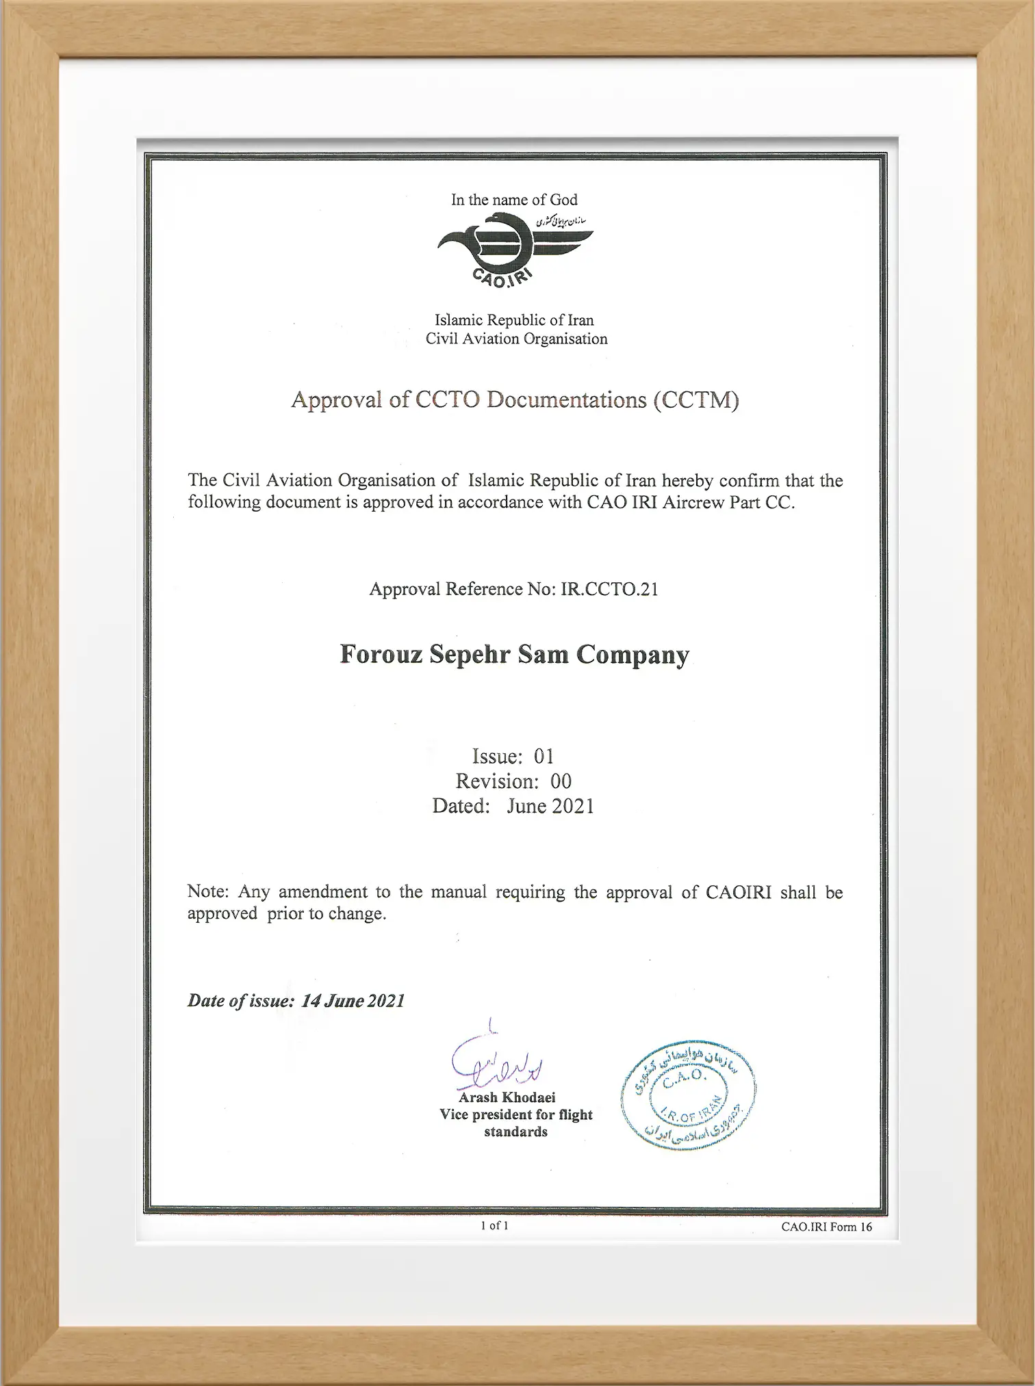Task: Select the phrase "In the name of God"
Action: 514,200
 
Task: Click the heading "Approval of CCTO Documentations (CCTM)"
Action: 515,400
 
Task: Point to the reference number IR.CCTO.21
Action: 609,589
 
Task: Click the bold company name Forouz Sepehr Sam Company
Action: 515,655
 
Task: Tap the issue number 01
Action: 544,756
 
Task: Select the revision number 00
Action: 561,781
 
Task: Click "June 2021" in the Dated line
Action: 550,806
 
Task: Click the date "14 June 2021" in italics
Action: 353,1001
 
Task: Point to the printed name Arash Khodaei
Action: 507,1097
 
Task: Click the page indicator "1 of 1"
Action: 494,1225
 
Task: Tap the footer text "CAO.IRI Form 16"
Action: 826,1227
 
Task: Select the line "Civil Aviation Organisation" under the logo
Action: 516,339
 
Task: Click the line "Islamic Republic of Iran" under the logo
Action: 515,320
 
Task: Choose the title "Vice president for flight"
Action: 515,1114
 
